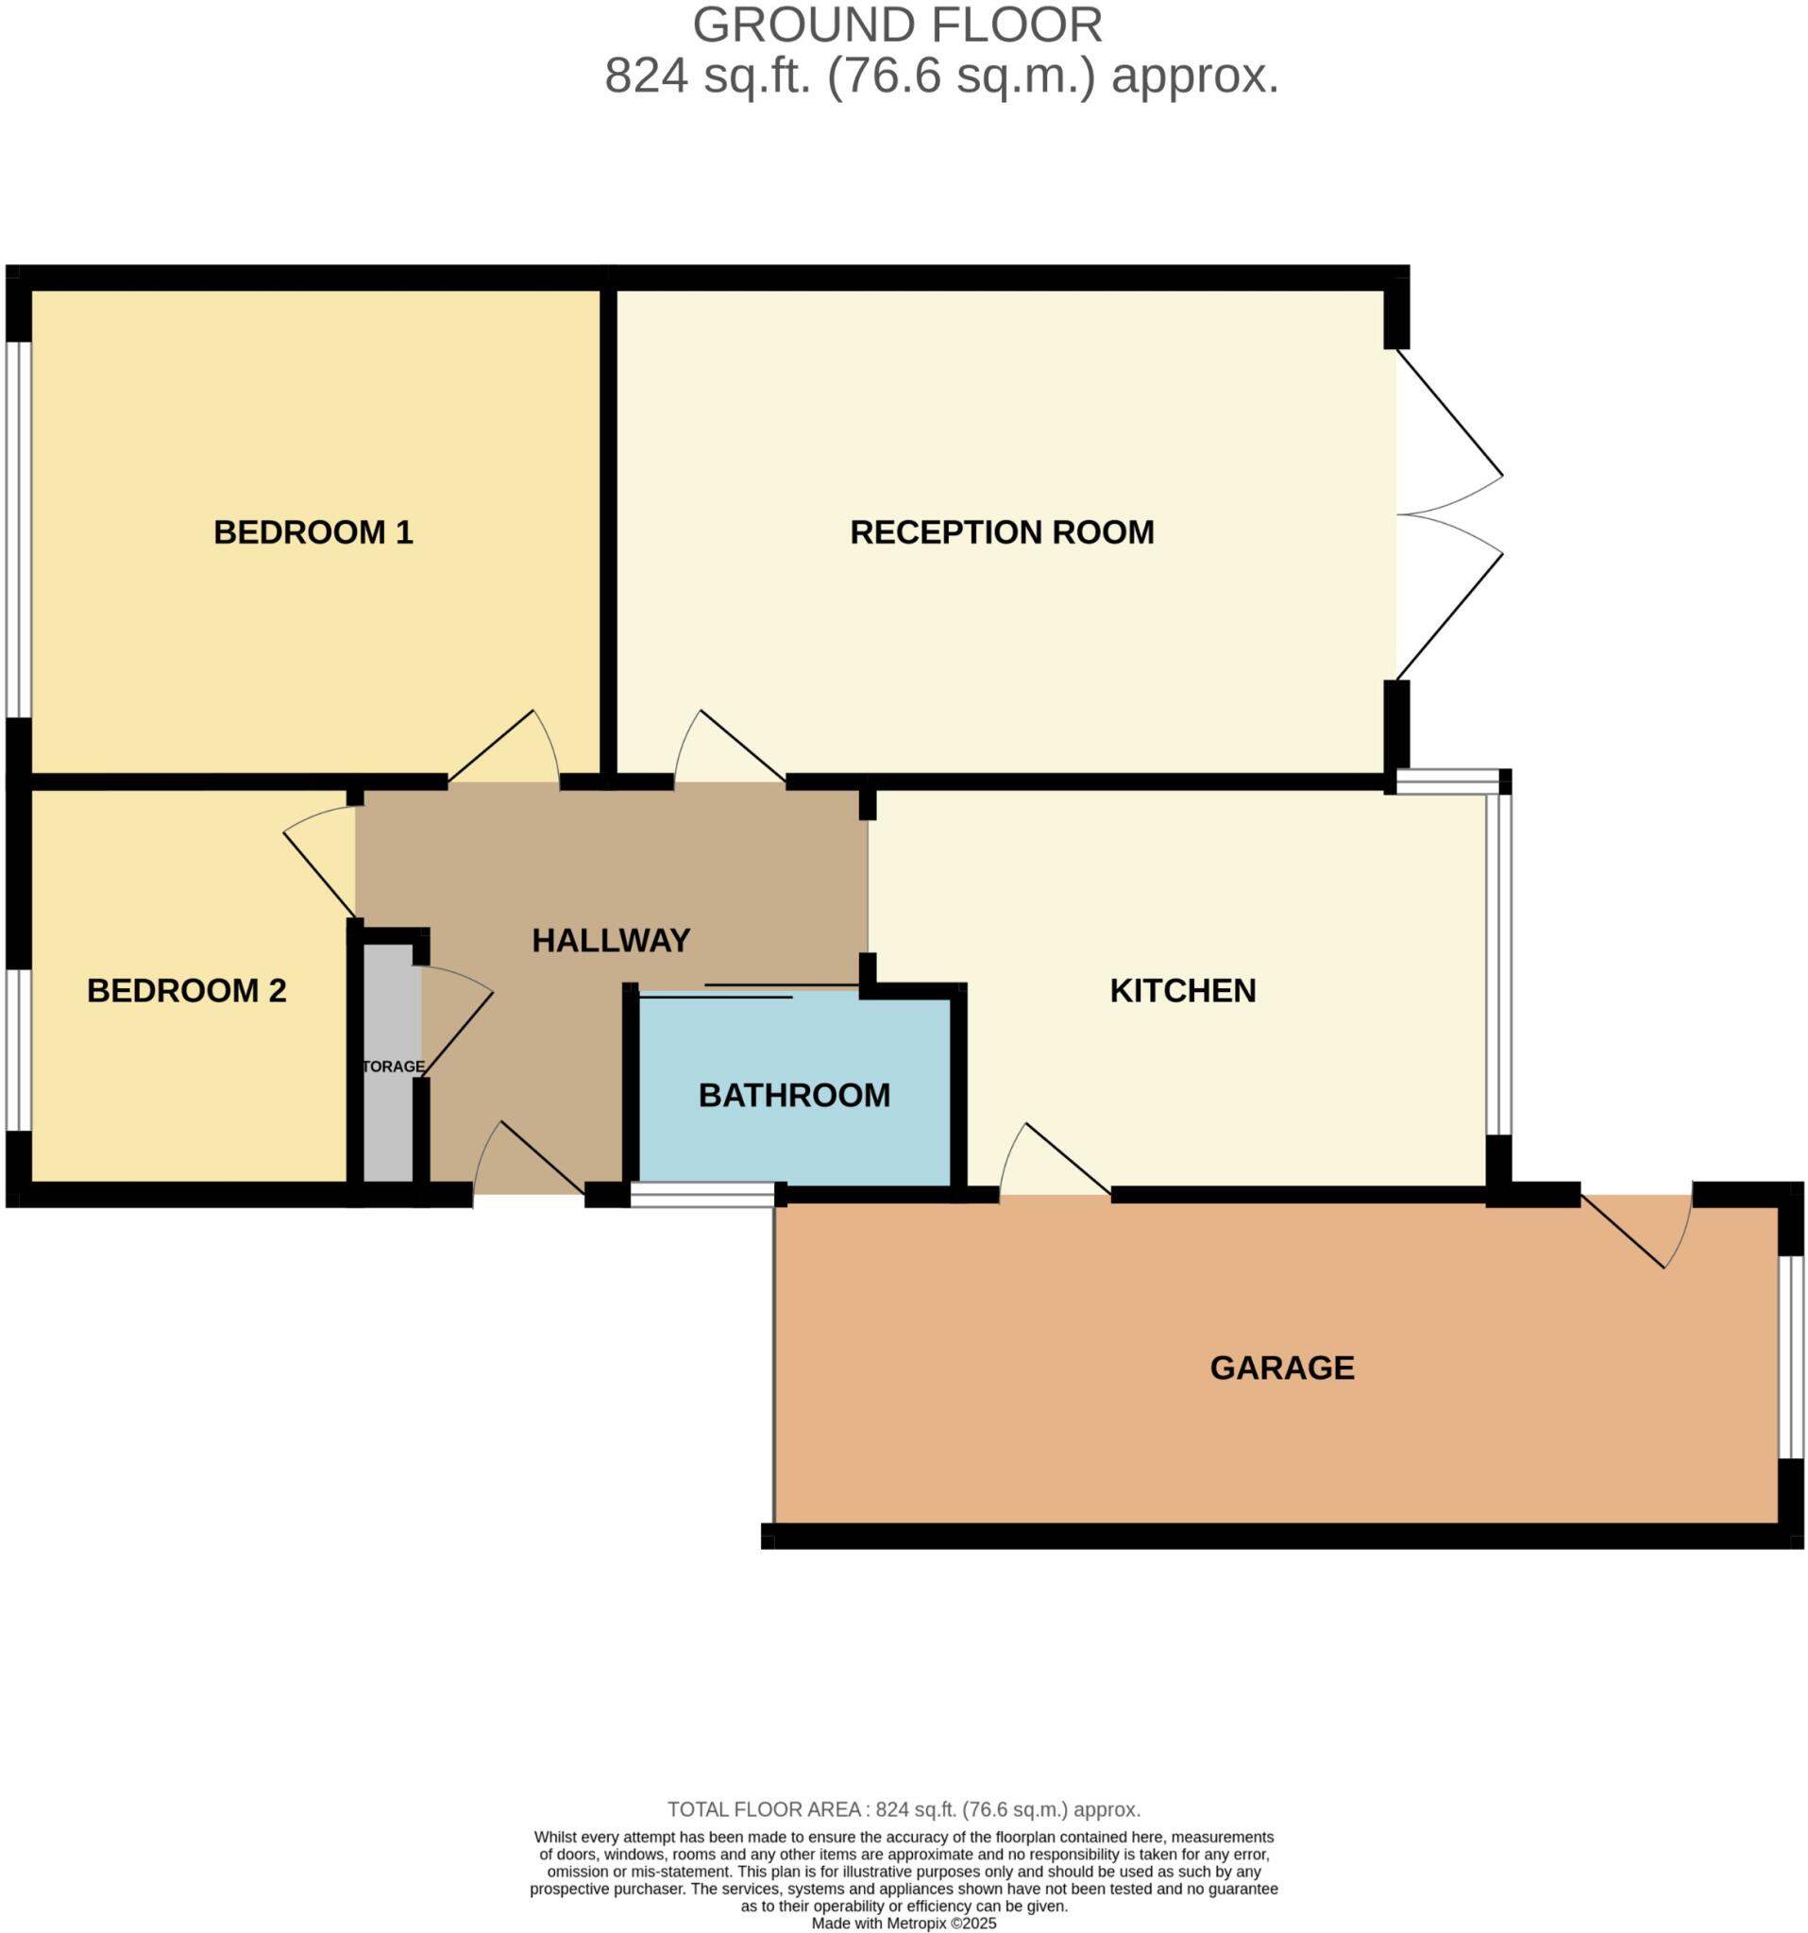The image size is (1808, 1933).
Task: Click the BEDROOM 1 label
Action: pos(313,532)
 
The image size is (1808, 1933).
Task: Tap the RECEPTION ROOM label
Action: pos(1002,532)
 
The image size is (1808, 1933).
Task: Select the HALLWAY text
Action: pos(611,940)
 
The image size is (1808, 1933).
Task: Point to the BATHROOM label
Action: pos(794,1095)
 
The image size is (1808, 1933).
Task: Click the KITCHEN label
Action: pos(1183,990)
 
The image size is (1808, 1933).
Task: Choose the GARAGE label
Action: pos(1282,1367)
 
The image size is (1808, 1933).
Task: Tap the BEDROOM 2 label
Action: pos(187,990)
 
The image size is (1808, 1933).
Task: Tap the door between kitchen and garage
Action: pos(1056,1161)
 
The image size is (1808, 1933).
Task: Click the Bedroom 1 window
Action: pos(19,529)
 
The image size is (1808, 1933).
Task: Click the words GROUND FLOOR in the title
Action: pos(897,25)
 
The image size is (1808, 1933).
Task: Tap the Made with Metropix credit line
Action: pos(904,1924)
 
